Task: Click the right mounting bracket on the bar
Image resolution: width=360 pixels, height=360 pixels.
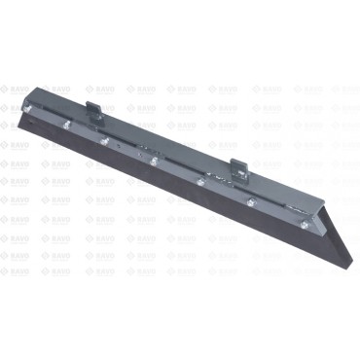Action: point(237,166)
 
